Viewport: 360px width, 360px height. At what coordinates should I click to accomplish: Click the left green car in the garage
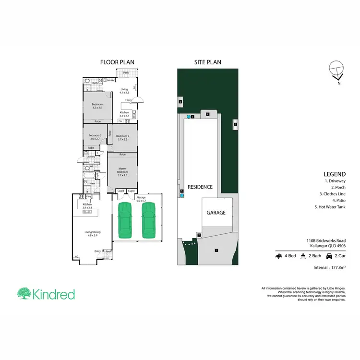click(125, 220)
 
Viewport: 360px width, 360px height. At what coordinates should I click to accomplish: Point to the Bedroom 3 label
click(94, 137)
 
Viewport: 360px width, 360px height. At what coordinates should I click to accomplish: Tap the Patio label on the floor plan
click(127, 72)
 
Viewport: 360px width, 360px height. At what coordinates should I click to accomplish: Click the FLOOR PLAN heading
click(117, 62)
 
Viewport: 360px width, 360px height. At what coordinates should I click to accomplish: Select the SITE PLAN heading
click(207, 62)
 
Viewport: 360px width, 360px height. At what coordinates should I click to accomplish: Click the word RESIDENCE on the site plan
click(200, 187)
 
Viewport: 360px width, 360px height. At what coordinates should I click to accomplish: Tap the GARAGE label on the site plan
click(216, 212)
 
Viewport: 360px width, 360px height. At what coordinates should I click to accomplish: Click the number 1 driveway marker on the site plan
click(216, 250)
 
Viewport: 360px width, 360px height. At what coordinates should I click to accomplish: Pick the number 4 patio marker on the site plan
click(207, 114)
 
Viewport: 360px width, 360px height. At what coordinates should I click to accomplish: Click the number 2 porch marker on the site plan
click(199, 235)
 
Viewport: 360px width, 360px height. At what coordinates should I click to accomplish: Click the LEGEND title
click(335, 174)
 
